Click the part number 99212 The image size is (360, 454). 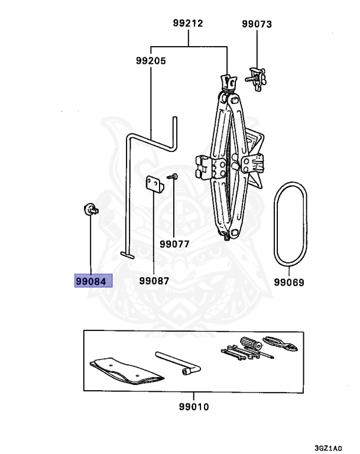tap(188, 23)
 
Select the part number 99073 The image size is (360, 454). tap(257, 24)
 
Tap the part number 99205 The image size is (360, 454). tap(151, 61)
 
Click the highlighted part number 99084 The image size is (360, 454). tap(91, 281)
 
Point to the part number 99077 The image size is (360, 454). tap(174, 244)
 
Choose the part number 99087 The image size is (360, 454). tap(154, 281)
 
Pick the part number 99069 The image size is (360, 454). tap(289, 283)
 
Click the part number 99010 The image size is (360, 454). tap(194, 407)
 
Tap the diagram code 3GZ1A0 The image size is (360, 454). tap(328, 448)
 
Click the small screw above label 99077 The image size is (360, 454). tap(173, 176)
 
